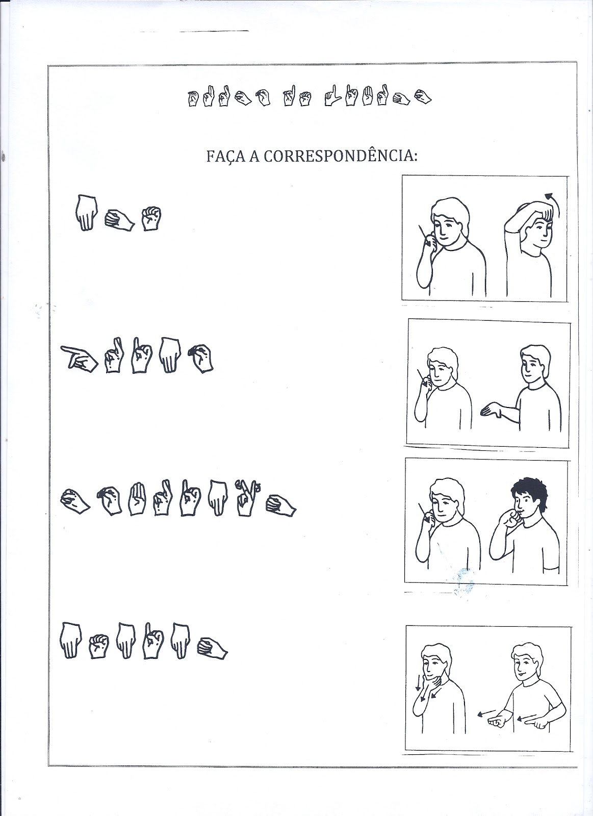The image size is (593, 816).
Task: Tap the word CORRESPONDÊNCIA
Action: (x=340, y=156)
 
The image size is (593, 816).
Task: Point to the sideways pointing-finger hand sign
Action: (x=79, y=358)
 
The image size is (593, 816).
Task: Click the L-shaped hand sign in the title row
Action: (x=332, y=96)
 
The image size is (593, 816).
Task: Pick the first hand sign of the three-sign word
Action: (x=87, y=212)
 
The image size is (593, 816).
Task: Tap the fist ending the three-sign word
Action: (x=151, y=218)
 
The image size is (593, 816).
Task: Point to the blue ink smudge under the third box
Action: (x=462, y=582)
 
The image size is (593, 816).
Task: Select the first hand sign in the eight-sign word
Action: (x=75, y=502)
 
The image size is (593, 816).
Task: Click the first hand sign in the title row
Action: (x=193, y=98)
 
